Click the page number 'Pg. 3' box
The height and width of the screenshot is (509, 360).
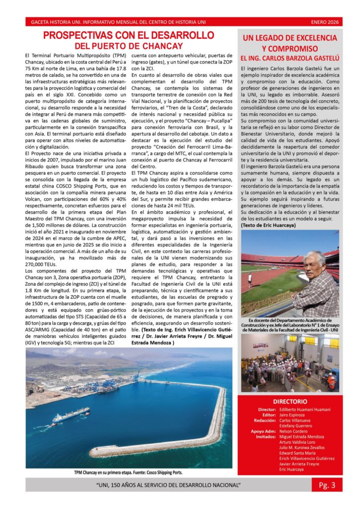click(327, 485)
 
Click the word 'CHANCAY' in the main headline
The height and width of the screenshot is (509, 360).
click(162, 46)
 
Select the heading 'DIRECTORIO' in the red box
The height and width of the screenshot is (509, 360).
click(290, 401)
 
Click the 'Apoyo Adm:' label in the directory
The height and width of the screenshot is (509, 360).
click(263, 431)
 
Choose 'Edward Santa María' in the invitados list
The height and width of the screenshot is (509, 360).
click(297, 452)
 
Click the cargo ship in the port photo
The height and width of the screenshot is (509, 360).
click(70, 414)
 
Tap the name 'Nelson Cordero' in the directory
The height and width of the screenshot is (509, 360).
click(293, 431)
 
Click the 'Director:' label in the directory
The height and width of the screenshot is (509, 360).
click(267, 409)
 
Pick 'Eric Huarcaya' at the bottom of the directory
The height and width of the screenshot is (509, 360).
click(291, 469)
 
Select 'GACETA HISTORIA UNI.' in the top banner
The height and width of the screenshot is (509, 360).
click(57, 22)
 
